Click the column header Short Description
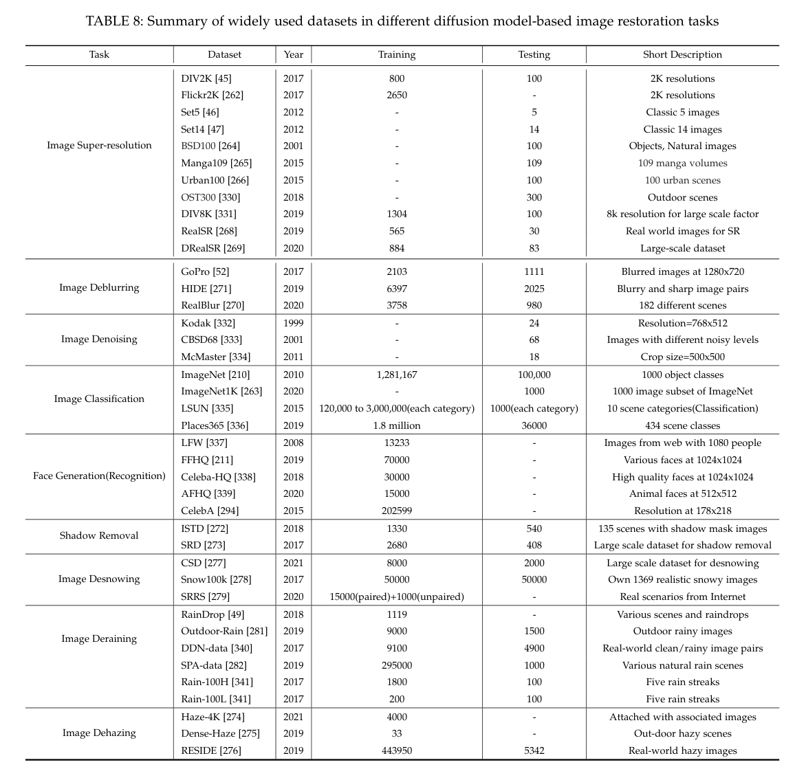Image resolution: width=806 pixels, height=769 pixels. click(682, 54)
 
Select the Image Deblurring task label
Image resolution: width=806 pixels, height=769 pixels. click(99, 287)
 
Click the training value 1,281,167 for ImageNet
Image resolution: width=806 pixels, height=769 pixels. click(396, 375)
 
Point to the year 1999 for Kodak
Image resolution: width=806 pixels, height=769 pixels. click(293, 323)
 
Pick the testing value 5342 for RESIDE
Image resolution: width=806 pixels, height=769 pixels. click(534, 750)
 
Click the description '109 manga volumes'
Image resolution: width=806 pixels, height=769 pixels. click(682, 163)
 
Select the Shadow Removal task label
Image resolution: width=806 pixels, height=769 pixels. click(99, 535)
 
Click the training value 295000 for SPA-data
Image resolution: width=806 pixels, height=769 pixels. click(396, 665)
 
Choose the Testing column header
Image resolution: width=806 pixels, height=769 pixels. click(534, 54)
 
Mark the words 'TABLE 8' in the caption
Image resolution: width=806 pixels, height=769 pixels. click(113, 21)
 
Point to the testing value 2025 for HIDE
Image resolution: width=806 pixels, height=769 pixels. click(534, 289)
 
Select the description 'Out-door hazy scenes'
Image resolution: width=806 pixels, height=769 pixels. click(682, 733)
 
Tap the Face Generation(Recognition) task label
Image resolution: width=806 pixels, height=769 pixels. click(99, 476)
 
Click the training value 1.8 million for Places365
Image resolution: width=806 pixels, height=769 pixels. click(396, 425)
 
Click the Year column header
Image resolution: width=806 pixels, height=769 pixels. click(293, 54)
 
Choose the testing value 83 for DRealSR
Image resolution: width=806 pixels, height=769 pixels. click(534, 248)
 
